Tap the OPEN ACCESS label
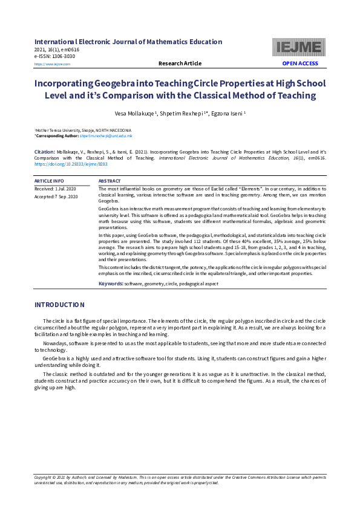[300, 63]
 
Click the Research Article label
[180, 63]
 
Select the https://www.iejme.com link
[53, 64]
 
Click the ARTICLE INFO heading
[49, 181]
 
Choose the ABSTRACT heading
[110, 181]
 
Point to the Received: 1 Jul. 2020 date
[56, 189]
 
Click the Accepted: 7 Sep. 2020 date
[56, 196]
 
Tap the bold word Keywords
[111, 283]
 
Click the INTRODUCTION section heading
[59, 305]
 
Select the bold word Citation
[45, 152]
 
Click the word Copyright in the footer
[45, 478]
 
